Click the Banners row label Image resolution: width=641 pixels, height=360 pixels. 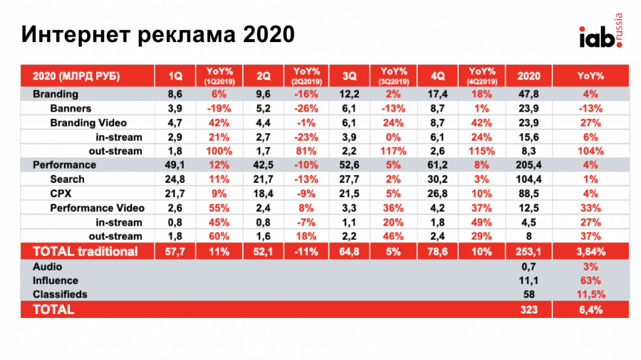coord(72,108)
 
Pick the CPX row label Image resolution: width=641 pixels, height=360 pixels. coord(63,194)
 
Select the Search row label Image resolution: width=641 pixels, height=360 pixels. coord(67,179)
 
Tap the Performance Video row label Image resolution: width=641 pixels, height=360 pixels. coord(98,208)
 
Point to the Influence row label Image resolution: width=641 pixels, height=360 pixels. coord(56,280)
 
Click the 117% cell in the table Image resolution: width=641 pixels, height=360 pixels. coord(393,151)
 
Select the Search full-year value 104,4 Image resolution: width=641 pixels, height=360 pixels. coord(528,179)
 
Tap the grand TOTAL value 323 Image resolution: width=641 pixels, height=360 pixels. coord(528,309)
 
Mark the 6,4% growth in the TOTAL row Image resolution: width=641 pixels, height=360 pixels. coord(590,309)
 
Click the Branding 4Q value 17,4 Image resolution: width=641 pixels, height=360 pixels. coord(438,94)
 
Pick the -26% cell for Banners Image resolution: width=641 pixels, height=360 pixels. coord(306,108)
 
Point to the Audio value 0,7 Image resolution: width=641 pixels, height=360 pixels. coord(528,266)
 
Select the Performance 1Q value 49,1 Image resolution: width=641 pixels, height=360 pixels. coord(174,165)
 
